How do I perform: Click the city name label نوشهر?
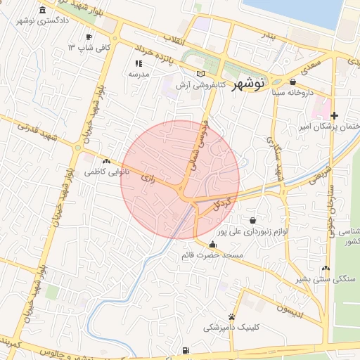pyautogui.click(x=248, y=82)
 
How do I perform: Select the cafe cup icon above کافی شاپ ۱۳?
pyautogui.click(x=89, y=37)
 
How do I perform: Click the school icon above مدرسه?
pyautogui.click(x=138, y=63)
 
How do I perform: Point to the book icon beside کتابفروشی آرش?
pyautogui.click(x=201, y=74)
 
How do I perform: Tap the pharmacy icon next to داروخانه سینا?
pyautogui.click(x=292, y=82)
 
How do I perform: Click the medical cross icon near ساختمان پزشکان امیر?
pyautogui.click(x=334, y=115)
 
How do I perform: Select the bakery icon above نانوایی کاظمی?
pyautogui.click(x=106, y=161)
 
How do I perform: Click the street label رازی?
pyautogui.click(x=148, y=178)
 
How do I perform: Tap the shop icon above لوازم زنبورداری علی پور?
pyautogui.click(x=252, y=220)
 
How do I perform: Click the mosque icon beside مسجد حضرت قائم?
pyautogui.click(x=213, y=244)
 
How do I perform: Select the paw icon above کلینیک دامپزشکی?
pyautogui.click(x=231, y=316)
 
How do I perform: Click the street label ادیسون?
pyautogui.click(x=290, y=310)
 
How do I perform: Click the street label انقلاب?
pyautogui.click(x=174, y=40)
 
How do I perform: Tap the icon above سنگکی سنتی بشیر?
pyautogui.click(x=325, y=268)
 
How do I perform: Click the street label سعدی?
pyautogui.click(x=309, y=67)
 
